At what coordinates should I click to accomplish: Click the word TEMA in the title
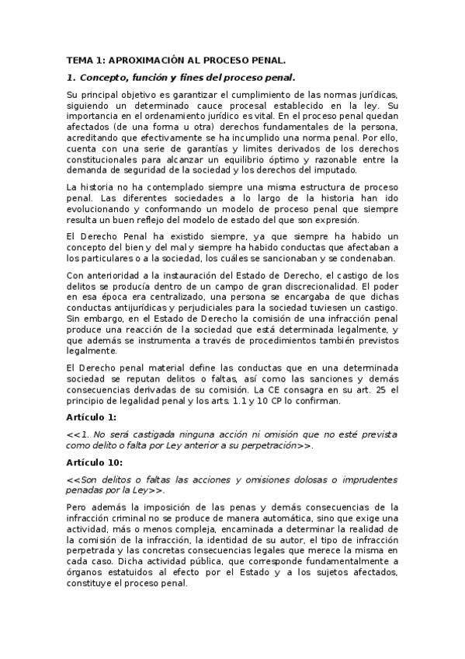(78, 59)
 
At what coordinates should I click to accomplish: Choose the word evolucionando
(100, 211)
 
